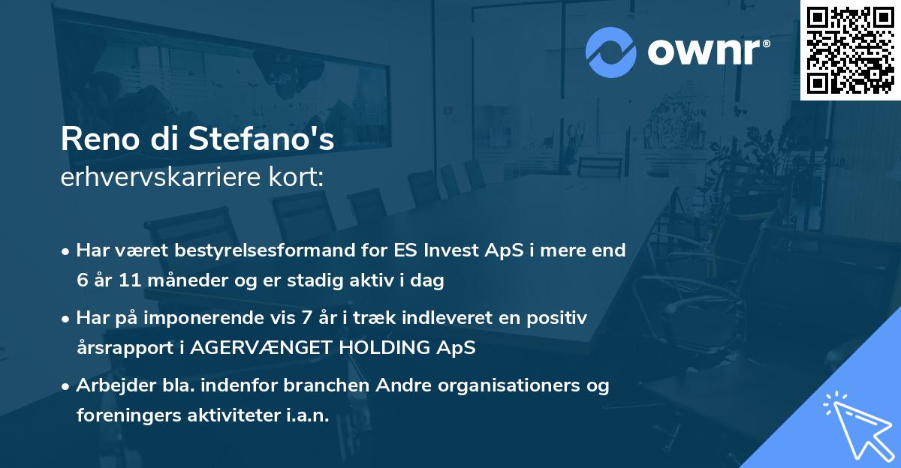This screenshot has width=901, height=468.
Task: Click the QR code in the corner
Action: point(850,49)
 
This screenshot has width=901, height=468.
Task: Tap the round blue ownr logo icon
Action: point(611,52)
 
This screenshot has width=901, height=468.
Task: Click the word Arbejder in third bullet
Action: point(109,385)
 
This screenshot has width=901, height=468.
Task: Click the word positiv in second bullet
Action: point(559,318)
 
